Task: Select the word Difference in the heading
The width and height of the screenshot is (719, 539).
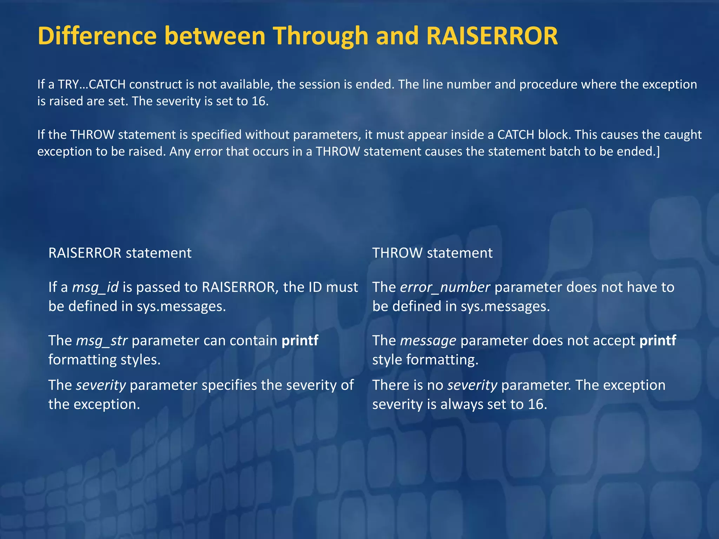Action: [x=97, y=36]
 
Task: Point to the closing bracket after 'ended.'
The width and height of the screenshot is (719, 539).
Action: [x=658, y=152]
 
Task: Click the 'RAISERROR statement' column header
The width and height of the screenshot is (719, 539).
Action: [x=120, y=253]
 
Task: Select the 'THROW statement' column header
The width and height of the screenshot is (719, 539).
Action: [x=432, y=253]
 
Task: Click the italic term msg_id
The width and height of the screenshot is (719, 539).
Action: [x=95, y=287]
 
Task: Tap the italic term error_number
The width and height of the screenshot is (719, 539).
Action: [x=445, y=287]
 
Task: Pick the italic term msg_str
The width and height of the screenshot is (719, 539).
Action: [x=102, y=341]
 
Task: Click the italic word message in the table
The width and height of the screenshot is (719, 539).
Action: [x=428, y=341]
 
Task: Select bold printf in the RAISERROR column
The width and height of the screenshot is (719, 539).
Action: [x=300, y=341]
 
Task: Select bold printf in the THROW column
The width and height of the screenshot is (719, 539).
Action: [x=658, y=341]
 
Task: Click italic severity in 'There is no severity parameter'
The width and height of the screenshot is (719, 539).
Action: [x=472, y=385]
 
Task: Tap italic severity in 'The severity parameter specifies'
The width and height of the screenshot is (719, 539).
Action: [x=101, y=385]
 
